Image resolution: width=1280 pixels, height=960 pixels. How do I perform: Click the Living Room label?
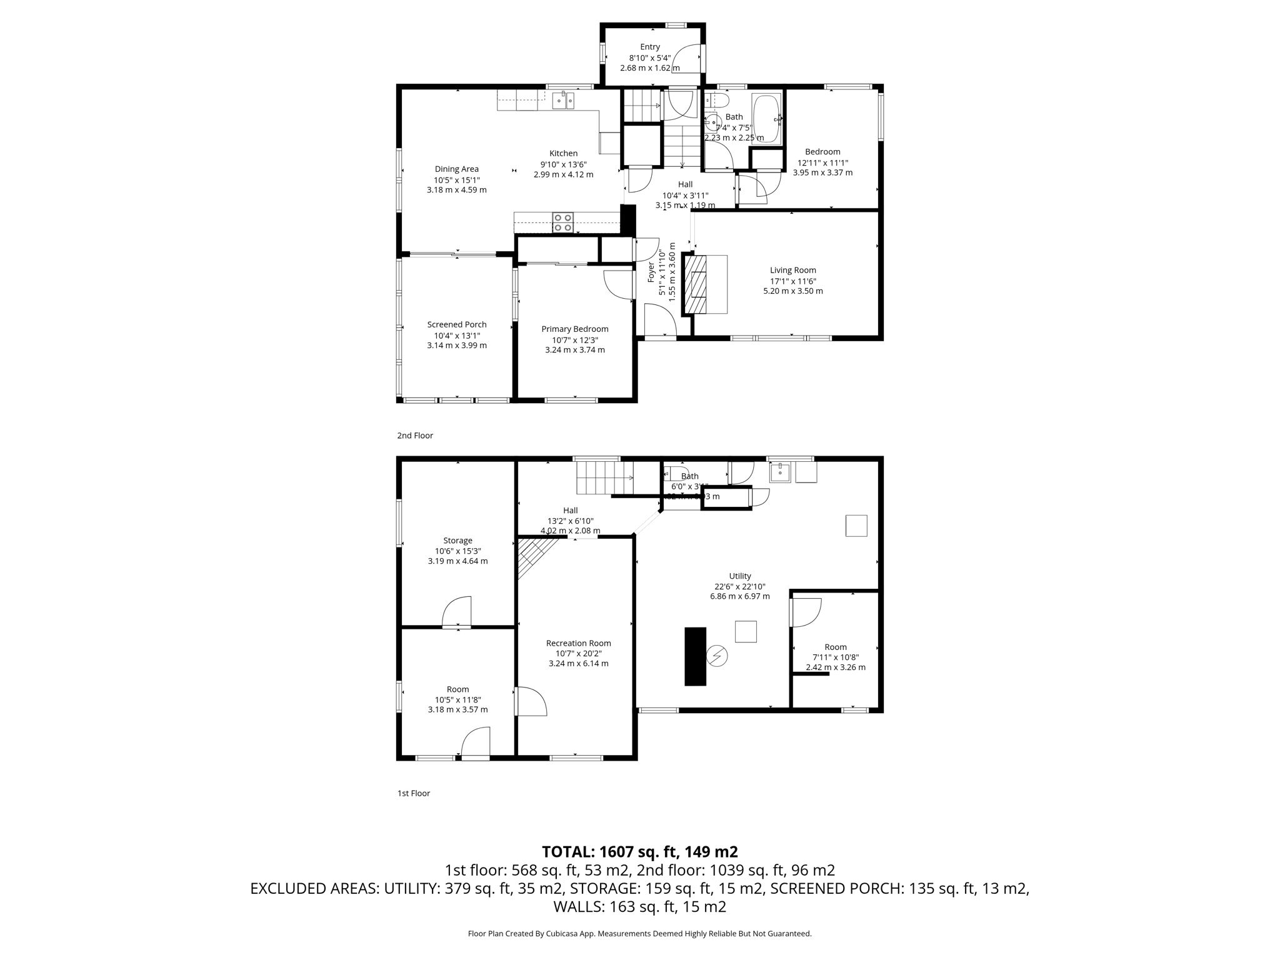pos(792,270)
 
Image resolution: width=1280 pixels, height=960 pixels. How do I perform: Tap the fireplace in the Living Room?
pos(696,284)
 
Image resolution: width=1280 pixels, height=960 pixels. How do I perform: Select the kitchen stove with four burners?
pos(562,222)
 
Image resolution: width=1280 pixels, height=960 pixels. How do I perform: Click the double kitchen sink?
pos(563,100)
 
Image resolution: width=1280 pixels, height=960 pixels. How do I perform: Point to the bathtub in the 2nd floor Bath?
pos(766,119)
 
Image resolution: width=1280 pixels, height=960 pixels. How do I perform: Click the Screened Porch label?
pos(457,324)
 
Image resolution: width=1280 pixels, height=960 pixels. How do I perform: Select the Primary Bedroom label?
pos(574,329)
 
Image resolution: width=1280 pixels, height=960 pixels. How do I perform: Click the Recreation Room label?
pos(578,642)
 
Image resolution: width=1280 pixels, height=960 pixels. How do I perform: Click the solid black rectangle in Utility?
pos(695,656)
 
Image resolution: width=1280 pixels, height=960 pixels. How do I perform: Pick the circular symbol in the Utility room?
pos(717,656)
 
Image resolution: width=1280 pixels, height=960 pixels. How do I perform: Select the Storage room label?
pos(457,541)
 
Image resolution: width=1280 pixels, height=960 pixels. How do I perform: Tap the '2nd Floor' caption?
pos(415,436)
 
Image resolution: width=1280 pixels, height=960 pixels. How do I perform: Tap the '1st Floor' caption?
pos(414,793)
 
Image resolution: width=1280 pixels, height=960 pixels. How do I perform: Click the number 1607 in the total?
pos(616,852)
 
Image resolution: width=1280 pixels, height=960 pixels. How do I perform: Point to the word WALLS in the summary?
pos(576,907)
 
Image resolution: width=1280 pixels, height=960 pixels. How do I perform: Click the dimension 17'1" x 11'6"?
pos(792,281)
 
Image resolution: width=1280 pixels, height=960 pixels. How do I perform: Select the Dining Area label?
pos(456,169)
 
